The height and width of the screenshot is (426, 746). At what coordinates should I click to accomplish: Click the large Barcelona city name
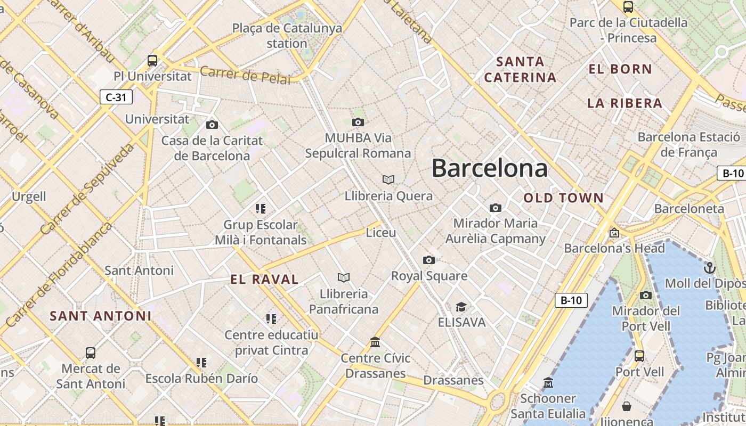point(489,168)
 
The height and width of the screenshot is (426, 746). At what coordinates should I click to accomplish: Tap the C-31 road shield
point(116,97)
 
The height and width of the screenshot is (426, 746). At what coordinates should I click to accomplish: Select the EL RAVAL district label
point(264,279)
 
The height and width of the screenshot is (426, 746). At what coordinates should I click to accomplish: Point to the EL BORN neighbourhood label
point(620,69)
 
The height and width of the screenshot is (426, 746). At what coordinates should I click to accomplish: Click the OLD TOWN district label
point(564,198)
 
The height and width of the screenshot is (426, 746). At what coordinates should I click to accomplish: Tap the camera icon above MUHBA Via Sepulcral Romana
point(358,122)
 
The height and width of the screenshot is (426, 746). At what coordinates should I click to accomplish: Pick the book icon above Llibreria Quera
point(388,180)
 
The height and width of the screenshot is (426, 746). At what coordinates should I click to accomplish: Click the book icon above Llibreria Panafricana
point(344,277)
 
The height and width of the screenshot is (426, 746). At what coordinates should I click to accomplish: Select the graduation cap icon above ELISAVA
point(461,307)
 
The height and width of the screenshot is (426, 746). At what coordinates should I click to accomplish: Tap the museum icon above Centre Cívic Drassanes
point(375,342)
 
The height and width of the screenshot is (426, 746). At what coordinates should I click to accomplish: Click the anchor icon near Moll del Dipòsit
point(709,267)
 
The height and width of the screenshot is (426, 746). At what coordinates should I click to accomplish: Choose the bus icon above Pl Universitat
point(152,60)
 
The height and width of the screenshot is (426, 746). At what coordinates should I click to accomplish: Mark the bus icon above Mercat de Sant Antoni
point(91,353)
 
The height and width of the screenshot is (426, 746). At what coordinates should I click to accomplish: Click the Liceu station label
point(381,233)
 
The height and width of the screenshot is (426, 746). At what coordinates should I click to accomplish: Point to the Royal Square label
point(429,276)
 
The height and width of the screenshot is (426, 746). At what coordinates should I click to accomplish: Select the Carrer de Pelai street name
point(246,76)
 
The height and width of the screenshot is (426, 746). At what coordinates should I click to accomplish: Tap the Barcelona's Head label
point(614,248)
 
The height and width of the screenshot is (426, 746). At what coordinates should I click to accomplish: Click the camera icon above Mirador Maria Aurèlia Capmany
point(496,208)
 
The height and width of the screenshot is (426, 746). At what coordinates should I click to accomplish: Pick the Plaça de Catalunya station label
point(287,36)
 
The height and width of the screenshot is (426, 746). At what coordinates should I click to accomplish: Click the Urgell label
point(29,196)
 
